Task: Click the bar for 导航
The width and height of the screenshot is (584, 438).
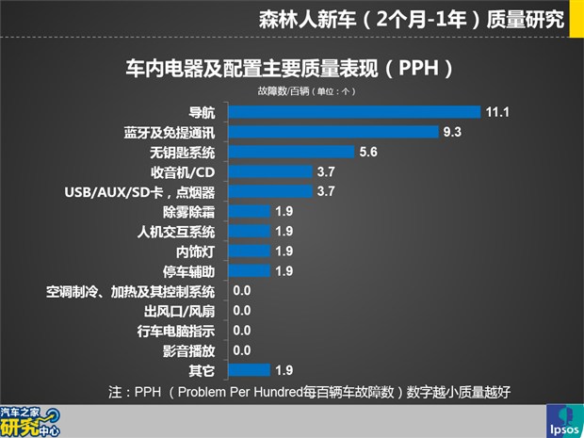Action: coord(355,111)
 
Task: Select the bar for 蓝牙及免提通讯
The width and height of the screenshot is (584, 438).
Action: coord(334,132)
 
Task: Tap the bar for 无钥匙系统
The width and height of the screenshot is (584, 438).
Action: coord(292,152)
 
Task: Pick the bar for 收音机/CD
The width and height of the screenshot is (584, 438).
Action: coord(270,171)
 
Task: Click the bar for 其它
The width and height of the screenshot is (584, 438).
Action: coord(250,370)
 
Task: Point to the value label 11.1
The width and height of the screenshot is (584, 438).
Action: coord(498,111)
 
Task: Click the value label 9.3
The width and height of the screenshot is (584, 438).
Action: coord(453,132)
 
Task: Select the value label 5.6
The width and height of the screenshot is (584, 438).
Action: coord(368,152)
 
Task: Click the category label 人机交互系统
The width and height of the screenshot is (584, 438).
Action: coord(175,232)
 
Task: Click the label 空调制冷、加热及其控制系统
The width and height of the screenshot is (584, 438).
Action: coord(131,291)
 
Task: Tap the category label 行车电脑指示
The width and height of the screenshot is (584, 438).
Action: coord(176,331)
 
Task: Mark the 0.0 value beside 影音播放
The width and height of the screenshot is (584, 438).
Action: coord(241,350)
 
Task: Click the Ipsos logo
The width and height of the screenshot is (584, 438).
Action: coord(563,421)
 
